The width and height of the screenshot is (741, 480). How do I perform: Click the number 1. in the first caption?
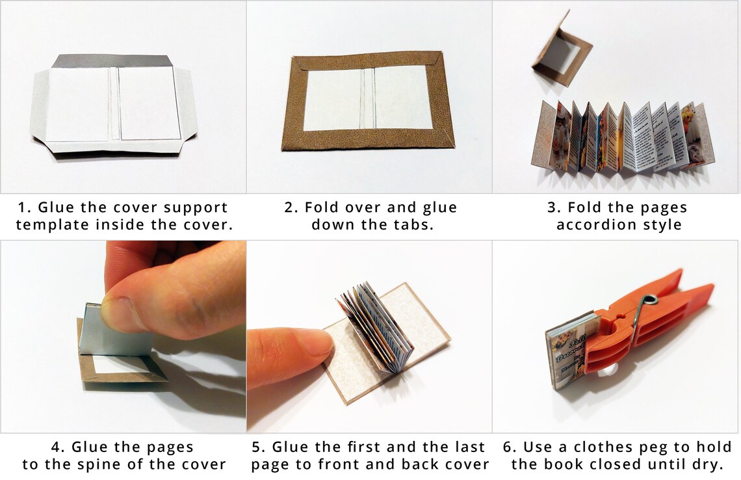[x=24, y=208]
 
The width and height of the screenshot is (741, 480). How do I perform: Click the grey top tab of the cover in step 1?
[x=110, y=61]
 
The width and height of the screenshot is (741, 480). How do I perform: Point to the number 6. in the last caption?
[x=510, y=447]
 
